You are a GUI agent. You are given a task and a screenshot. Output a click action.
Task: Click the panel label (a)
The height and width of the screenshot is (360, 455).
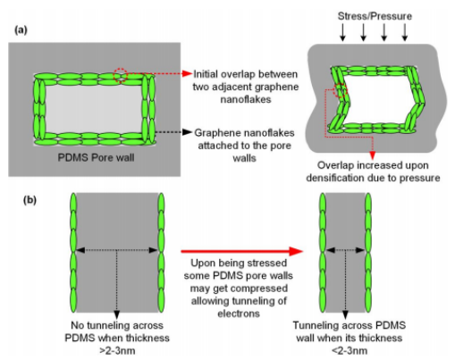(x=21, y=30)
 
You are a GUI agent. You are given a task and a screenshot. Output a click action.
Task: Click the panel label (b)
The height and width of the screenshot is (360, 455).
(x=29, y=200)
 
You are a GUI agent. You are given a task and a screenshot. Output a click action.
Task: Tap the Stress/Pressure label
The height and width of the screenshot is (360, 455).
(x=375, y=16)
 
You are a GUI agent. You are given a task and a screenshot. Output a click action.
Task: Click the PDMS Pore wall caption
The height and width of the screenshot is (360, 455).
(x=96, y=157)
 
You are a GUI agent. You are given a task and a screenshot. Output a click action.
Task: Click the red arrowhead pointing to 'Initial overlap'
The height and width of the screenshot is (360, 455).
(x=187, y=73)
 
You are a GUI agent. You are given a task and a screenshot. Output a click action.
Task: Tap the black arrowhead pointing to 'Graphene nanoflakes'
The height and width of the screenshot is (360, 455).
(x=187, y=132)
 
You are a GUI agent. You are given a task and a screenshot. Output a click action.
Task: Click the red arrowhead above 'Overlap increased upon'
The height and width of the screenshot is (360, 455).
(x=372, y=155)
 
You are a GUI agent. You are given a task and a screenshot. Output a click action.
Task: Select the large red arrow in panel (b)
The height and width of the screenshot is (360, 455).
(x=241, y=251)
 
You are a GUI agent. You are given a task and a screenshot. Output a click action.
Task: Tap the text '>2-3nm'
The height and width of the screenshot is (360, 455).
(x=117, y=350)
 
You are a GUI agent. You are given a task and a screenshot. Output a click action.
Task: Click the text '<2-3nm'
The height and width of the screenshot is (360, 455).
(x=350, y=350)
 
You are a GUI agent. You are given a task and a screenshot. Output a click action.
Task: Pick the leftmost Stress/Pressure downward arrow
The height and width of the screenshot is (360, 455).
(x=342, y=32)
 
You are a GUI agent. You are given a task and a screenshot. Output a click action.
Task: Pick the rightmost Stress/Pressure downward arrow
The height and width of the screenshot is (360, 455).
(x=405, y=32)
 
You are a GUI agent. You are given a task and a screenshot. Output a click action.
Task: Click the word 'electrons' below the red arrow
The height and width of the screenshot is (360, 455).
(x=239, y=314)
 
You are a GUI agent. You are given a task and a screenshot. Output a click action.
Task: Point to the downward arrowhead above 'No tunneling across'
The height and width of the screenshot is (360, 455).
(x=117, y=314)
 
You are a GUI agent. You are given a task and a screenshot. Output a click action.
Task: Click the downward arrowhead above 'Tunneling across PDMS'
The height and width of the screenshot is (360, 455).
(x=345, y=314)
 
